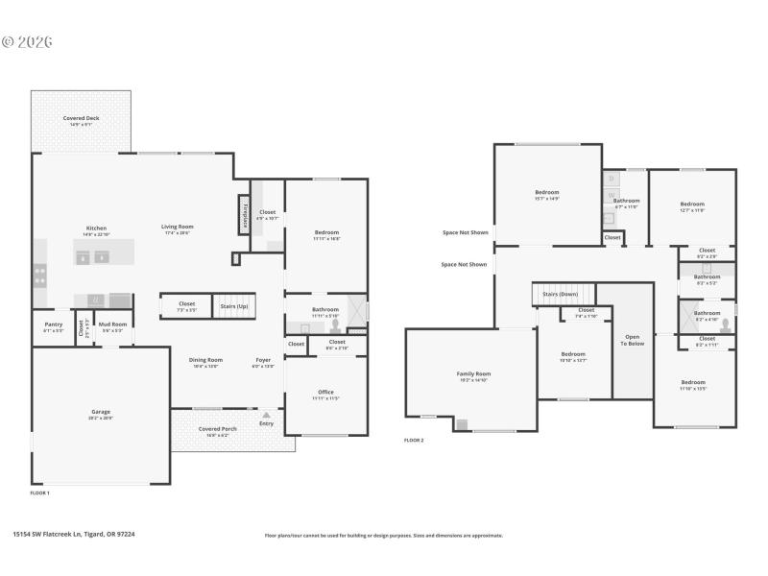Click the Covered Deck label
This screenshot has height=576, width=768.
coord(81,118)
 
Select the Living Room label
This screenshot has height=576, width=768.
coord(177,227)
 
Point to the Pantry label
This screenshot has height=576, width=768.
coord(53,324)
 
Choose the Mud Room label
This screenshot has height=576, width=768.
coord(112,324)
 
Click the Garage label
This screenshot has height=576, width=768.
coord(101,412)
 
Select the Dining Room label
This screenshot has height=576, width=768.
coord(206,360)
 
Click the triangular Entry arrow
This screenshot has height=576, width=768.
coord(266,416)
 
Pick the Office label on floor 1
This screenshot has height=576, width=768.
coord(326,392)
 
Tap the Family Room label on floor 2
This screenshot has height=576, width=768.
coord(473,373)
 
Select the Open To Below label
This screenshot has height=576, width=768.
coord(633,340)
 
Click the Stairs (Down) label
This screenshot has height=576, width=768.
coord(561,294)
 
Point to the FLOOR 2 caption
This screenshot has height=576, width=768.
coord(414,440)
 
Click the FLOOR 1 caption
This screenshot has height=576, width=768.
coord(40,492)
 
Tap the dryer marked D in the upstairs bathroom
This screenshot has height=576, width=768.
coord(612,179)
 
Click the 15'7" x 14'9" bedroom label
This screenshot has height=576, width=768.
coord(546,195)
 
